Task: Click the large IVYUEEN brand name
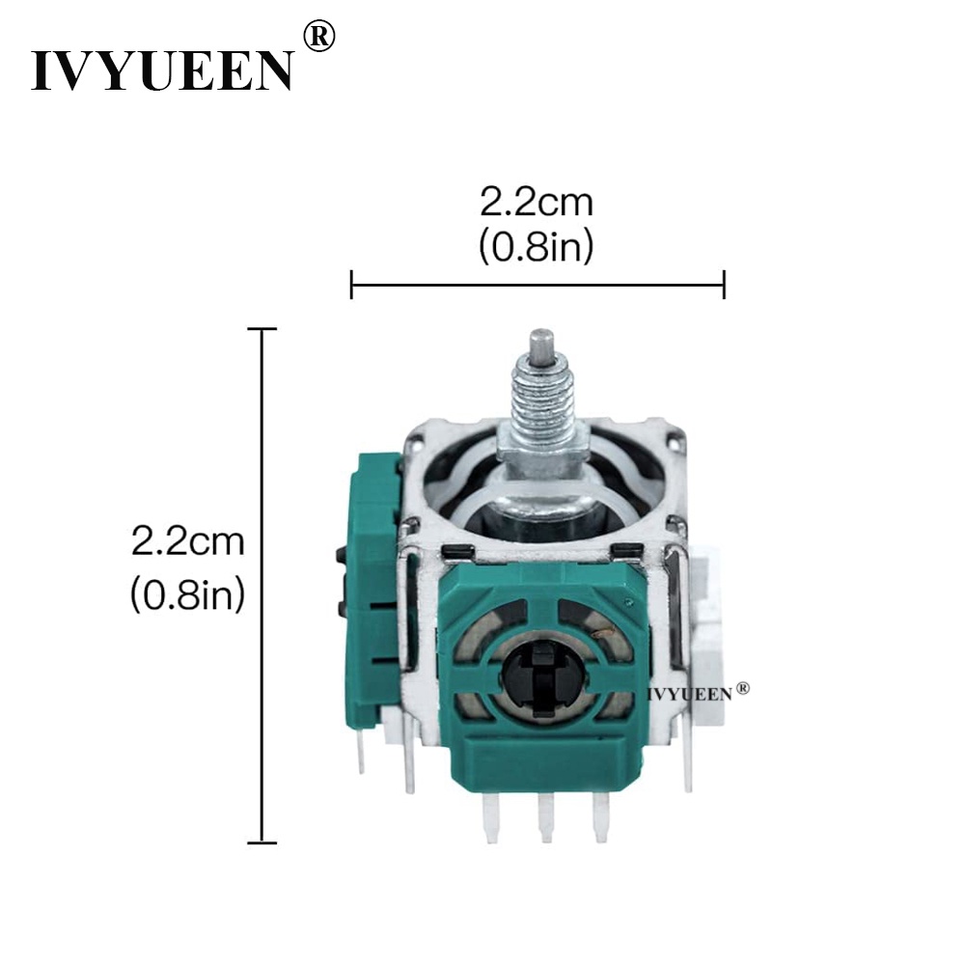tap(162, 70)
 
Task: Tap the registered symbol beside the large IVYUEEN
tap(319, 37)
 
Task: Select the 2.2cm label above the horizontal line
tap(537, 203)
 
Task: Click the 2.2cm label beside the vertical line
tap(188, 542)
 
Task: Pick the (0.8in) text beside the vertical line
tap(188, 594)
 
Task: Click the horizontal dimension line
tap(538, 285)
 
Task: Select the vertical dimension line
tap(262, 586)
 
